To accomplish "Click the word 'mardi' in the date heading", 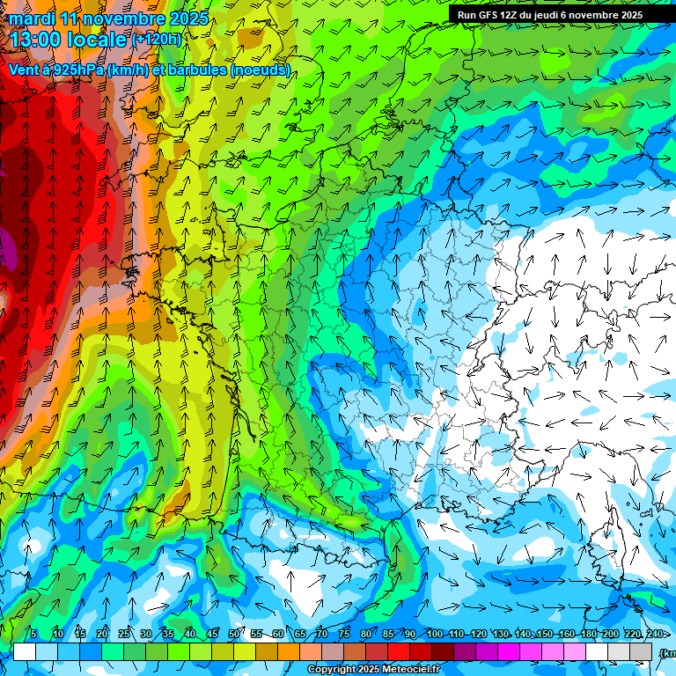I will [x=32, y=18].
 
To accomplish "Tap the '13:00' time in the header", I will [x=36, y=39].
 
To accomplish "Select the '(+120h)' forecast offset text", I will [x=156, y=40].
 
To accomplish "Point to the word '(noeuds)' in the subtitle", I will [x=260, y=70].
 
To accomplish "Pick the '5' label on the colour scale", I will [x=33, y=635].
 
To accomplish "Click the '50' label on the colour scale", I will [x=233, y=635].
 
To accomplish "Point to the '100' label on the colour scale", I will [x=434, y=635].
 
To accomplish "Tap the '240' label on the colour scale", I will [x=655, y=635].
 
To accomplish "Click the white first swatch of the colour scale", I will [x=25, y=652].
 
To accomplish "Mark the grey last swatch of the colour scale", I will [x=641, y=652].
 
